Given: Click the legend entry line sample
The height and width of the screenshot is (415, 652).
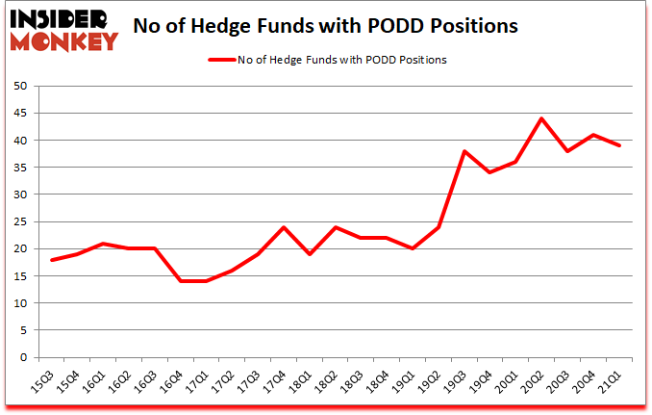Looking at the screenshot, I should click(x=224, y=59).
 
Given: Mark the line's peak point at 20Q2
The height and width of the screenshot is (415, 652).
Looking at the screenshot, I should click(x=541, y=118).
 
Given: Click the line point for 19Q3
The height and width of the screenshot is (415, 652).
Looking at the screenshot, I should click(x=464, y=151).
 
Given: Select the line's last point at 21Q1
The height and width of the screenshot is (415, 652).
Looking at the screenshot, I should click(x=620, y=145).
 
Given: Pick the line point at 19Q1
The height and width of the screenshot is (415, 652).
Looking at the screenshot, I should click(x=412, y=248).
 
